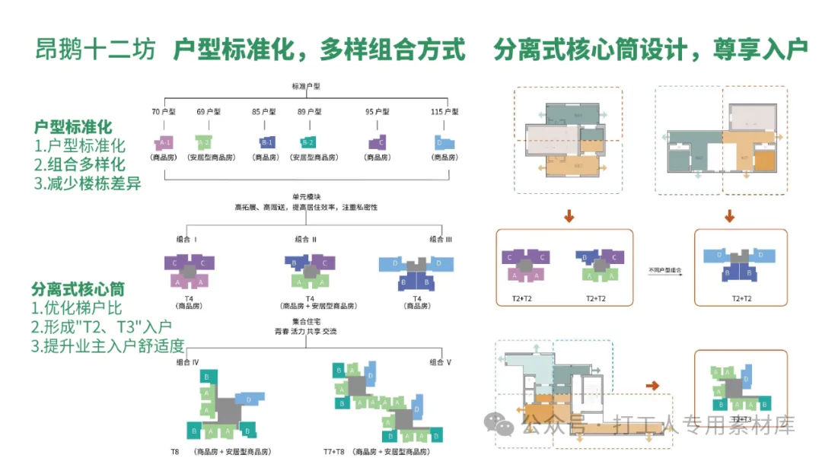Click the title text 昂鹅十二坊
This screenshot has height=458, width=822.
tap(95, 50)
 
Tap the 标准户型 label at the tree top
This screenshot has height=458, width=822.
tap(305, 87)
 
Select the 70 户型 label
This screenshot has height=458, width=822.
tap(164, 112)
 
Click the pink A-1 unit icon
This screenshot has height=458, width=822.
tap(164, 142)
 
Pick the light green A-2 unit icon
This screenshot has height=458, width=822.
tap(204, 142)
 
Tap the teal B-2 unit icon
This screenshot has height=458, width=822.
tap(307, 142)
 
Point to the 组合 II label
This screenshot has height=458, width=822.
tap(306, 239)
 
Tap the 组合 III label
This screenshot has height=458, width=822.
tap(441, 239)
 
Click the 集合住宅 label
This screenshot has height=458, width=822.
tap(305, 323)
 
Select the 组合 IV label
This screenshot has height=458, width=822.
tap(187, 362)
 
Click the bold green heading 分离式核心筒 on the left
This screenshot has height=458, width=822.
tap(78, 289)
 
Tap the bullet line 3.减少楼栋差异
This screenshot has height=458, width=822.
tap(88, 183)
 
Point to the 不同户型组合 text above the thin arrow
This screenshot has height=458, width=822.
tap(664, 270)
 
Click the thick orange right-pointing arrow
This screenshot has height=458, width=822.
tap(652, 386)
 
